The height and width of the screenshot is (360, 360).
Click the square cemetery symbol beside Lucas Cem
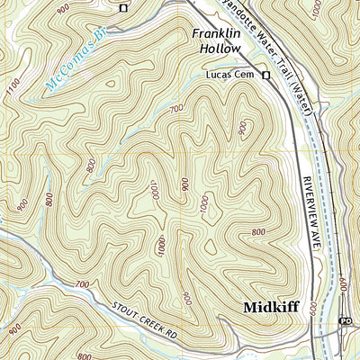pos(266,76)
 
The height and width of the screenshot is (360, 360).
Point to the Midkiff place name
pos(270,308)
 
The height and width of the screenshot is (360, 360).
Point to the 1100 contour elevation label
pos(12,90)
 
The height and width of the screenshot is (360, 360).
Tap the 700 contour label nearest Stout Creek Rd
pos(82,284)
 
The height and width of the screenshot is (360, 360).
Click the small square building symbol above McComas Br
pos(123,8)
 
